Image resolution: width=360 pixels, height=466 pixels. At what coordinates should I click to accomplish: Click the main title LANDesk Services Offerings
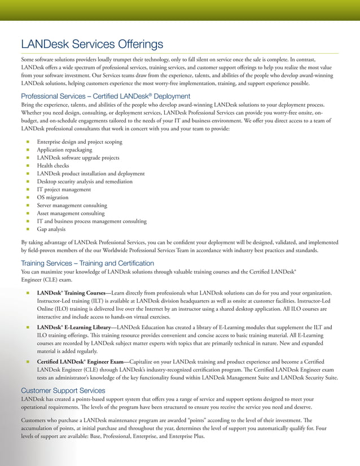(x=92, y=44)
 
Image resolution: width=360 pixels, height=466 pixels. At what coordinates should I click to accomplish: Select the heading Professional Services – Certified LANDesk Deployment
(x=106, y=96)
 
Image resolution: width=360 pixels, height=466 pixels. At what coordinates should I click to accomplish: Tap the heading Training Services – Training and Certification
(x=87, y=263)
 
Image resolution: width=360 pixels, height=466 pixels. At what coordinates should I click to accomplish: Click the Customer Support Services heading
(x=63, y=390)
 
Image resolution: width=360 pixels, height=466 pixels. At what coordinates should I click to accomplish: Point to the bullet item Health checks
(x=53, y=166)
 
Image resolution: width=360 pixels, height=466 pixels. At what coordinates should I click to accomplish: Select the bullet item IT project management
(x=64, y=190)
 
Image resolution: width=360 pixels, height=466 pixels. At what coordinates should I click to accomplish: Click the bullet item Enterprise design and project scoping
(x=79, y=142)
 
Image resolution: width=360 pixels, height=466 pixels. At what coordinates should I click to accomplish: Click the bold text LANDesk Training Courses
(x=71, y=293)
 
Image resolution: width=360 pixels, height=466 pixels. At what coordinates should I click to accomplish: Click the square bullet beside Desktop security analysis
(x=27, y=182)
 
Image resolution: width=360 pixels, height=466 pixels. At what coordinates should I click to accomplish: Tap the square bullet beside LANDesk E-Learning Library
(x=27, y=327)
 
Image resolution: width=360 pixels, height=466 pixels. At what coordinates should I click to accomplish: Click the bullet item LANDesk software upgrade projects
(x=78, y=158)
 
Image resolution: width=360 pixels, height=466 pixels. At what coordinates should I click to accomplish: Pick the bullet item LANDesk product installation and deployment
(x=91, y=174)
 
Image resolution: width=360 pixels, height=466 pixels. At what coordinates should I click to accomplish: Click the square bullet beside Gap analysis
(x=27, y=230)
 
